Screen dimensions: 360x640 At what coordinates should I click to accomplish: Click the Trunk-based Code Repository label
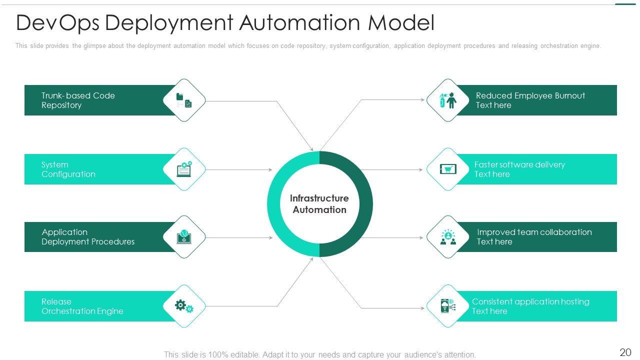coord(78,100)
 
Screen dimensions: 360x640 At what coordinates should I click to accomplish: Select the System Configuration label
coord(68,169)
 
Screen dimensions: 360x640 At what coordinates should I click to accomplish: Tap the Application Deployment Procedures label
coord(88,237)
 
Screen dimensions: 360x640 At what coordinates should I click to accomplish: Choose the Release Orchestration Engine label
coord(82,306)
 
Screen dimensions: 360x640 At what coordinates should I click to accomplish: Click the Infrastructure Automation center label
coord(319,204)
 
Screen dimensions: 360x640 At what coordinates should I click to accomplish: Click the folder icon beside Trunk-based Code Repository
coord(184,100)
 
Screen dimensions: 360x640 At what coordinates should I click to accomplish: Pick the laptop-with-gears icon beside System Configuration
coord(184,169)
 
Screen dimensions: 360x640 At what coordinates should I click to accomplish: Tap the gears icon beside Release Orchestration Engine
coord(184,306)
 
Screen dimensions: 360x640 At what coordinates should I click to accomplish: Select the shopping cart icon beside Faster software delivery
coord(447,169)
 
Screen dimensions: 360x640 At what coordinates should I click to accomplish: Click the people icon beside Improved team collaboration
coord(447,237)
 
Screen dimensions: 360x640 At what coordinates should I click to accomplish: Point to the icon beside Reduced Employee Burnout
coord(447,100)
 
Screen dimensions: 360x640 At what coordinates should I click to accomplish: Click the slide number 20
coord(625,352)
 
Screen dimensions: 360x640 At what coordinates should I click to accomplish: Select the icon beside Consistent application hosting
coord(447,306)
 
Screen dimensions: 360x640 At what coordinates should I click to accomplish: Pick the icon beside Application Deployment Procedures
coord(184,237)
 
